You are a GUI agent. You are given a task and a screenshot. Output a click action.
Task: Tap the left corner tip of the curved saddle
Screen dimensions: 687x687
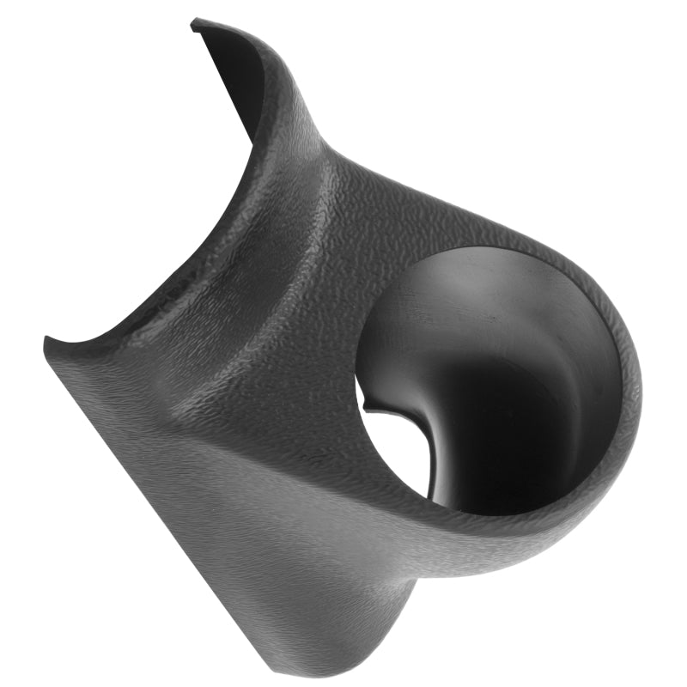(x=47, y=343)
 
